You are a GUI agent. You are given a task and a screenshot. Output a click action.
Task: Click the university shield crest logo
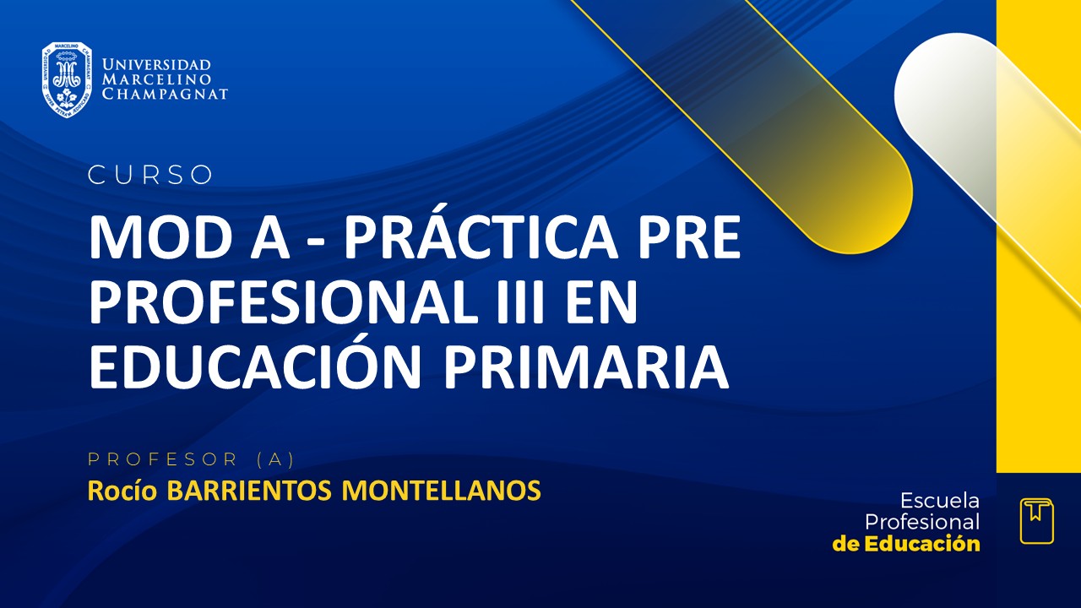tap(67, 79)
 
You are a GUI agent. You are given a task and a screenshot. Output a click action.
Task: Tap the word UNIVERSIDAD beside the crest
tap(156, 64)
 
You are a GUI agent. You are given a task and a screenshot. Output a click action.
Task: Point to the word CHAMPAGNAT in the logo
tap(165, 95)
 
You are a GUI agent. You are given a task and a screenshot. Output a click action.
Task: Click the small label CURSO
tap(150, 175)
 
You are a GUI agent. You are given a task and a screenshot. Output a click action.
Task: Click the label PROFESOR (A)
tap(191, 459)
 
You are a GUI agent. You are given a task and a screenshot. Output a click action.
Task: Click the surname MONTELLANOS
tap(441, 491)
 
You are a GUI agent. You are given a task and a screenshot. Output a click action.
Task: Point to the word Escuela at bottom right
tap(940, 500)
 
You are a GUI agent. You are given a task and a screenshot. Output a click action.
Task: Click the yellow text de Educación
tap(906, 544)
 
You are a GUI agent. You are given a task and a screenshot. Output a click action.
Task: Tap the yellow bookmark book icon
tap(1036, 520)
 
